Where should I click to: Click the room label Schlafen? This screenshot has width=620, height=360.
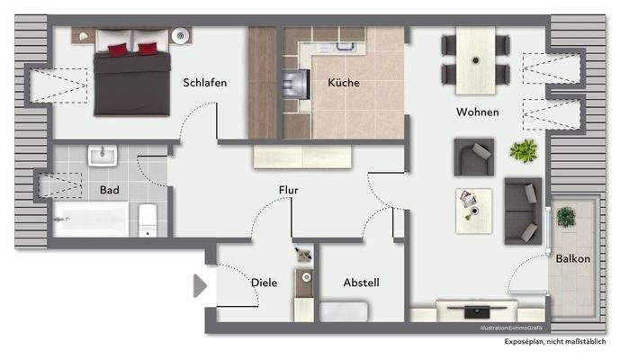(204, 83)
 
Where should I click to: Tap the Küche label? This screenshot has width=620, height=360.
(343, 83)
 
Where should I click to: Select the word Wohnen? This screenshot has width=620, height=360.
(477, 112)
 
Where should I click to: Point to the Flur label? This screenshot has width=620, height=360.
(288, 191)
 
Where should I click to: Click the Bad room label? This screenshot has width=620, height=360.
(110, 191)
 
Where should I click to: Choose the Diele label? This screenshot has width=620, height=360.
(264, 283)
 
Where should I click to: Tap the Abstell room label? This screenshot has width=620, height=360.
(361, 283)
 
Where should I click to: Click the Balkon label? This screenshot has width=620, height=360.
(573, 259)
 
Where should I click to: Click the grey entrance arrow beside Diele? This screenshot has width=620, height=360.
(201, 286)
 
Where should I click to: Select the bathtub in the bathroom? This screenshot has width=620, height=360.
(90, 220)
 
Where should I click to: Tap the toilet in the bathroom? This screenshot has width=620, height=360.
(148, 219)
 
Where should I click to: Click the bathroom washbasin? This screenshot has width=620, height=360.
(100, 157)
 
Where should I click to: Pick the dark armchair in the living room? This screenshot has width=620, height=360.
(473, 157)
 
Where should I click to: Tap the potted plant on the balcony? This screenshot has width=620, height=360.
(566, 217)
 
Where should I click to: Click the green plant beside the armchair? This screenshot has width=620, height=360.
(523, 150)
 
